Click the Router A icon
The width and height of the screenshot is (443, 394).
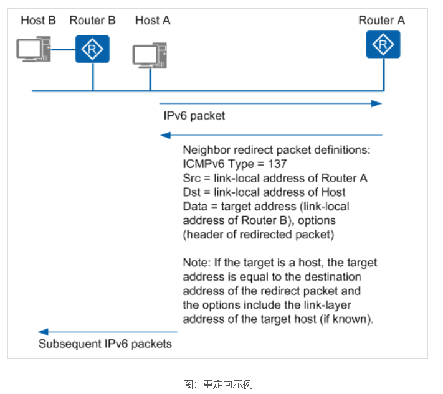[383, 44]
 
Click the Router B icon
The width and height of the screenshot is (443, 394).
[92, 49]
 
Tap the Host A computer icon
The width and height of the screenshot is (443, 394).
[150, 55]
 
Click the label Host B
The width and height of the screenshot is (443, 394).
[38, 21]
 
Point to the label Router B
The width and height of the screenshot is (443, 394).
[92, 21]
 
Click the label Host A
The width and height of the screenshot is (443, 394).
[153, 21]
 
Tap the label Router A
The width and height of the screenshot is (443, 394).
[381, 21]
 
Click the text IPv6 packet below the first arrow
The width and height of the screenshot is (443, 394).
[194, 116]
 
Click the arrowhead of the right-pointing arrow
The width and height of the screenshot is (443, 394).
[377, 103]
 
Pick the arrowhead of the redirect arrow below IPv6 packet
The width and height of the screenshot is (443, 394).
[164, 135]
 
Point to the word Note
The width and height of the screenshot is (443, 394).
[194, 263]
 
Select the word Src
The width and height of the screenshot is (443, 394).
[191, 179]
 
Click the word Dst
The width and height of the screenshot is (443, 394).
[191, 192]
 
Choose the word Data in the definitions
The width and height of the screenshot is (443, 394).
[194, 206]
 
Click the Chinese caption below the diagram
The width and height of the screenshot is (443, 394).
[218, 384]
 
